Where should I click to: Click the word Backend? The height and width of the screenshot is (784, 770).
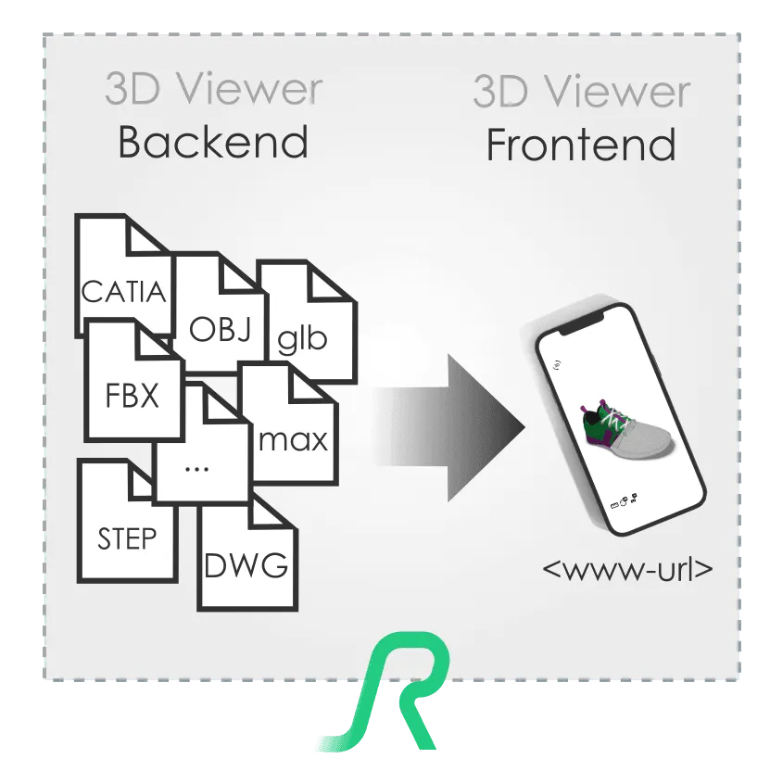[x=213, y=145]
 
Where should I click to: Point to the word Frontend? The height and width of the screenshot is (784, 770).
[x=581, y=146]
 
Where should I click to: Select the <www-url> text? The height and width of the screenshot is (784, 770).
[x=627, y=567]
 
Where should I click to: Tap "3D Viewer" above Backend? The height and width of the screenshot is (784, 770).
[x=213, y=91]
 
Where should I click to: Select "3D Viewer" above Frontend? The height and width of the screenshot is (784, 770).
[x=581, y=93]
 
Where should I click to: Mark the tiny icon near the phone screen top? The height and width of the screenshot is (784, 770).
[x=556, y=364]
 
